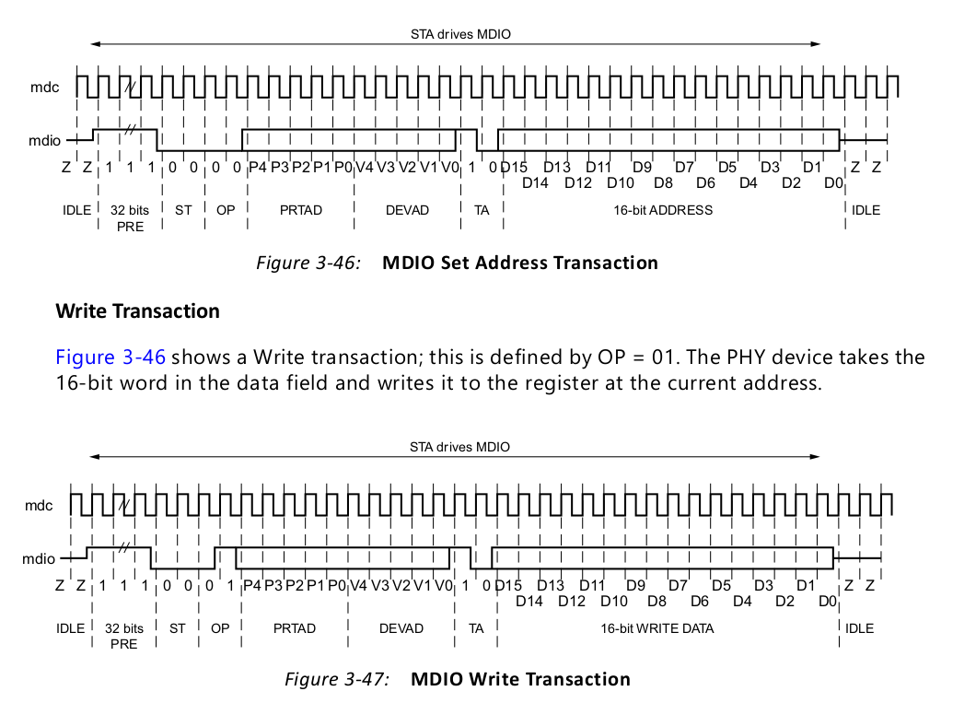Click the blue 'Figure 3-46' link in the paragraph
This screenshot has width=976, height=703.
click(110, 357)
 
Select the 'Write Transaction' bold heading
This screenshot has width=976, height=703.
click(138, 310)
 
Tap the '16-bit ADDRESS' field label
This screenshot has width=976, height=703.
click(663, 210)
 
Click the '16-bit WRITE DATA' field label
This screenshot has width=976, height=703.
click(657, 628)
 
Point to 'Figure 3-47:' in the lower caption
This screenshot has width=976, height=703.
click(337, 679)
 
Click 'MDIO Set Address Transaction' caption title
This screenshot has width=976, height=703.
click(520, 263)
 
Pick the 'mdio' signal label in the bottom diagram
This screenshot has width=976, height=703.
click(40, 558)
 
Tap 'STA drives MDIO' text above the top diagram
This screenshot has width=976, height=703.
click(460, 35)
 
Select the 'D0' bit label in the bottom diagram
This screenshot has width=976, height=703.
click(827, 602)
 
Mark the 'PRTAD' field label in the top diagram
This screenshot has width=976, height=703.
click(301, 210)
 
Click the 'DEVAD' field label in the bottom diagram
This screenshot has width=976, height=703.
click(401, 628)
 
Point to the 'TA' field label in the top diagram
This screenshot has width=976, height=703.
click(482, 210)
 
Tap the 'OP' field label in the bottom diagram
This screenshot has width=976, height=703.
click(220, 628)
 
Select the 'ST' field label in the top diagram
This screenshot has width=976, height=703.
click(183, 210)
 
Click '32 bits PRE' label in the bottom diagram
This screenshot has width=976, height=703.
click(124, 636)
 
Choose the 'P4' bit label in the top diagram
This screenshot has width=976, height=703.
click(258, 167)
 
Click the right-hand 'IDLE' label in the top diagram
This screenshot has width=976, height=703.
click(866, 210)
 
